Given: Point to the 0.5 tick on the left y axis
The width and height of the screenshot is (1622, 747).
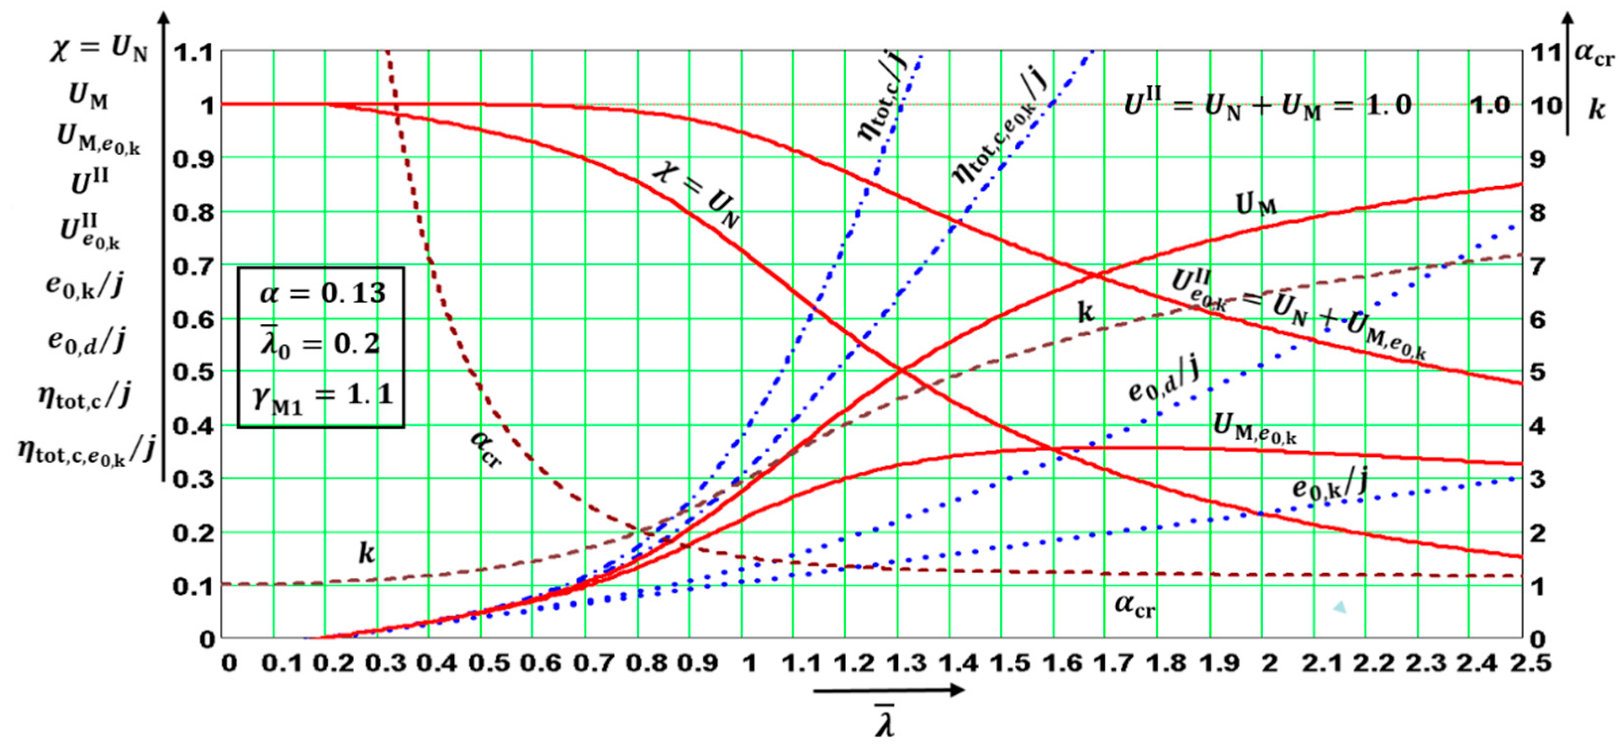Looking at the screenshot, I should pyautogui.click(x=194, y=372).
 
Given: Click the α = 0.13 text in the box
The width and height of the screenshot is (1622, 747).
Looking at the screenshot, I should pyautogui.click(x=322, y=294).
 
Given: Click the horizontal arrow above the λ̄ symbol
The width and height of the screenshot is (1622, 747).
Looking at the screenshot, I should pyautogui.click(x=888, y=690).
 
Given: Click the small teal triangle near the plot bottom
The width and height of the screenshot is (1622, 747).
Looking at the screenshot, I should pyautogui.click(x=1339, y=607).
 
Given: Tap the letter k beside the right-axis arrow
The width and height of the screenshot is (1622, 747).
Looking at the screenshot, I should pyautogui.click(x=1596, y=110).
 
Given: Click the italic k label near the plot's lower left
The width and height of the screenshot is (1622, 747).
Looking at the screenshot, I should pyautogui.click(x=366, y=553).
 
